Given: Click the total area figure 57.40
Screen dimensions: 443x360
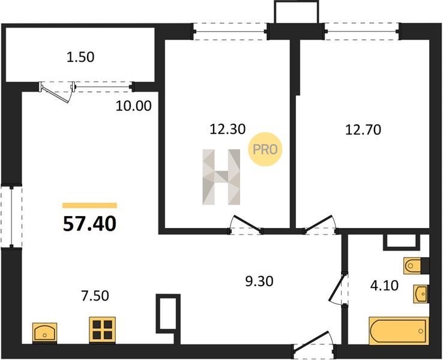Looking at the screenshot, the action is pos(89,223).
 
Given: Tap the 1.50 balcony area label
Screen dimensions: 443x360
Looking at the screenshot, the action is pos(80,57).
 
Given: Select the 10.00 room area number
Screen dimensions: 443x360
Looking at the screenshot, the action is pos(134,106).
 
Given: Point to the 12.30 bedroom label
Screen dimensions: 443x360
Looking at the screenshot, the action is pos(228,129).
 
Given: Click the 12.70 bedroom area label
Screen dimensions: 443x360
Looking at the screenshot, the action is pos(363,130).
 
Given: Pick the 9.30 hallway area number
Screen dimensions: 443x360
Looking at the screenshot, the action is pos(259,281).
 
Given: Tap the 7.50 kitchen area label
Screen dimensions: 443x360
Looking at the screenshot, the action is pos(95,296).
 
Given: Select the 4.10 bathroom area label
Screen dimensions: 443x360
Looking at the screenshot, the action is pos(385,286).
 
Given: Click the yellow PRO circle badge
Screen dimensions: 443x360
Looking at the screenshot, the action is pos(265,149).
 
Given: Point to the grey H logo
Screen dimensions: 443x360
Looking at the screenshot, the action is pos(221,177).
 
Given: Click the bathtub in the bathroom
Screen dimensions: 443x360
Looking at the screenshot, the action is pos(399,331).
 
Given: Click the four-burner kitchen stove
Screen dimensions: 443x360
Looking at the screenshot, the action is pos(102,330).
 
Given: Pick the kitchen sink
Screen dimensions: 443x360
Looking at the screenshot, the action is pos(44,332).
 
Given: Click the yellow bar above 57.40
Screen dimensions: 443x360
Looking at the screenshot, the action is pos(89,205).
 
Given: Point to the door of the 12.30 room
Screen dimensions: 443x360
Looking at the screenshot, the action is pos(246,225).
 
